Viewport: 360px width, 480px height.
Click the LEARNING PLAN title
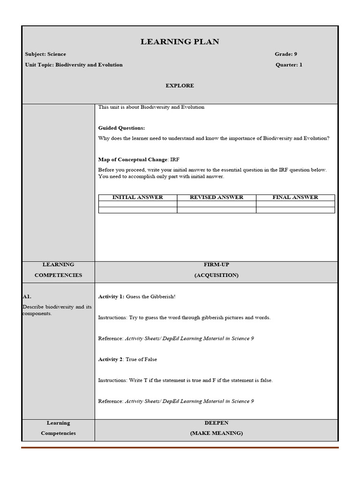[x=180, y=42]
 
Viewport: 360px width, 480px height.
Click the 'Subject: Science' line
[x=45, y=54]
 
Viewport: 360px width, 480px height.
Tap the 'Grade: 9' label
[x=286, y=54]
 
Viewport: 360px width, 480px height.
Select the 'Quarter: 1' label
[x=289, y=65]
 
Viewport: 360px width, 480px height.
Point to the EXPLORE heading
[x=180, y=86]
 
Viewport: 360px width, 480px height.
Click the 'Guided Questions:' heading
[x=121, y=128]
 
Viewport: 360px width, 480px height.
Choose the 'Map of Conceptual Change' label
[x=133, y=160]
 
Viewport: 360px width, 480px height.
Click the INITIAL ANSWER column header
[x=138, y=197]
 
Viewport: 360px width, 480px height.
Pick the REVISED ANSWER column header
[x=217, y=197]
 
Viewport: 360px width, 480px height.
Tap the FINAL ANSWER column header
[x=295, y=197]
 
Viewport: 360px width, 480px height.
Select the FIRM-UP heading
[x=216, y=265]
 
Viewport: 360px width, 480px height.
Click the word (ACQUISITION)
[x=216, y=276]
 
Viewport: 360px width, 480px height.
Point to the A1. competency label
[x=27, y=297]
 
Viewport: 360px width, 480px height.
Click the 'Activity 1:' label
[x=111, y=297]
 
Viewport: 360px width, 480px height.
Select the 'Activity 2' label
[x=110, y=360]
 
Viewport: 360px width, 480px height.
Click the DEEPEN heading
[x=216, y=423]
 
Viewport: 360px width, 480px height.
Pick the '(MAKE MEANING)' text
[x=216, y=434]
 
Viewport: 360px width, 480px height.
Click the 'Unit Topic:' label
[x=40, y=65]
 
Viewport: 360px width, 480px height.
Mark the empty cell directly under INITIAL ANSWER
[x=138, y=204]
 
